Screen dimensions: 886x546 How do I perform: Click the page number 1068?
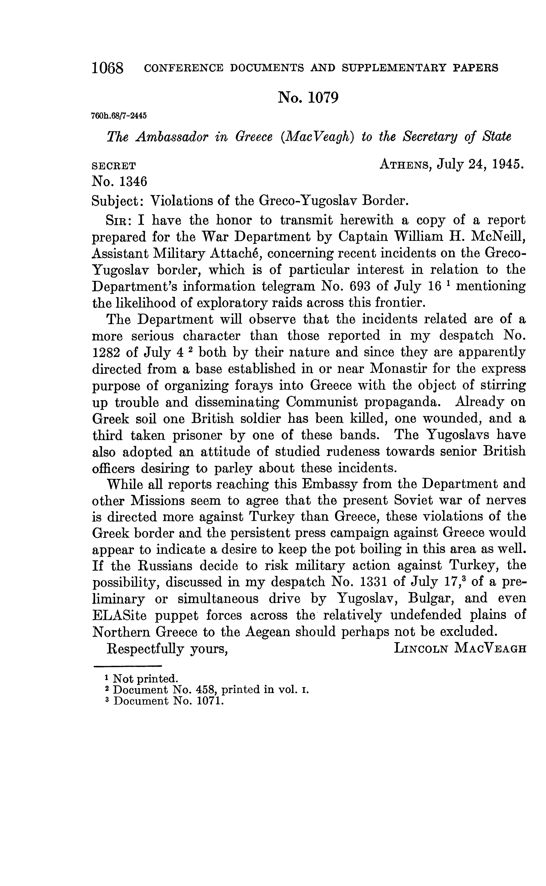[x=108, y=67]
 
